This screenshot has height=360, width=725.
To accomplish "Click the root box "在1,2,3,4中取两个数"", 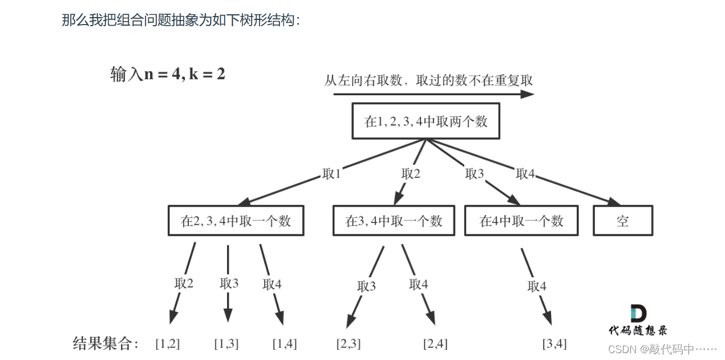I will (426, 121).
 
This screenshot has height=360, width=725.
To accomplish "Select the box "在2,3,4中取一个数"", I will (236, 221).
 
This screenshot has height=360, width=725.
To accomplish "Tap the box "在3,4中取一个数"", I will (394, 221).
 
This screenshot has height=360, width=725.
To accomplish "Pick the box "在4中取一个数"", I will (521, 221).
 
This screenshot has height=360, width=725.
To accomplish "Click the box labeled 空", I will (622, 221).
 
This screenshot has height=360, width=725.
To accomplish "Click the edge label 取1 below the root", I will (331, 174).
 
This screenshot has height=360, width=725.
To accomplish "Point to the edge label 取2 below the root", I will (411, 174).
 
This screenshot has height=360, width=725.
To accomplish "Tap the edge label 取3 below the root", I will (475, 174).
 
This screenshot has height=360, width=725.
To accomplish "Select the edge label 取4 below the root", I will (525, 174).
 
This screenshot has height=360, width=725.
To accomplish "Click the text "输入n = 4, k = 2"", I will (168, 74).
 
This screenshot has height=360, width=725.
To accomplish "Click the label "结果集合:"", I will (106, 343).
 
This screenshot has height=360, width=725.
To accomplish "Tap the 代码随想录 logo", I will (638, 320).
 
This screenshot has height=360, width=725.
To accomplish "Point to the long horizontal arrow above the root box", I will (434, 95).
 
